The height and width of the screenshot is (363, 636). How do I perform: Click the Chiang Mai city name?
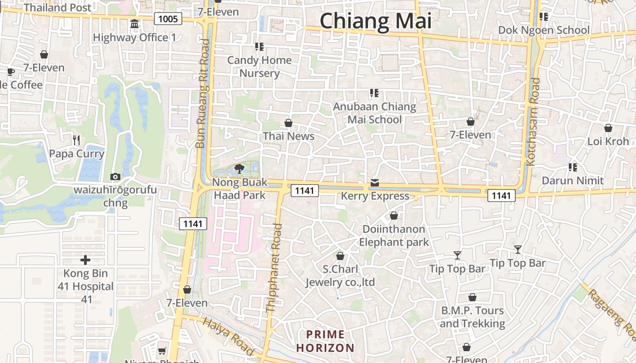(x=376, y=21)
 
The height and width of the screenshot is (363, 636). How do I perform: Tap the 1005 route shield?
(x=168, y=19)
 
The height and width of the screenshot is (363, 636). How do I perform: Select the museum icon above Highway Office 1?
(x=134, y=24)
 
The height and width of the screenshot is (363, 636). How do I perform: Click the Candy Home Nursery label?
(x=259, y=67)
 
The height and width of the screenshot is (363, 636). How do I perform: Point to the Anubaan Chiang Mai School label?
(x=375, y=113)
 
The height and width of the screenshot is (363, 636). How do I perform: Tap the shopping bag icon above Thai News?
(x=288, y=123)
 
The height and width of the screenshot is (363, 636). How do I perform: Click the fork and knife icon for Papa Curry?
(x=76, y=140)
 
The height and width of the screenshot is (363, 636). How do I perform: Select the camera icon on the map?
(x=115, y=177)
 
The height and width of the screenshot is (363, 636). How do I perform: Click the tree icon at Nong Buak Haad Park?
(x=239, y=169)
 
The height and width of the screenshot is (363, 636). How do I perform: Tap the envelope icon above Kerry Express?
(x=374, y=183)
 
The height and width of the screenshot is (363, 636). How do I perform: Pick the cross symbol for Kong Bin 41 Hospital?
(x=85, y=260)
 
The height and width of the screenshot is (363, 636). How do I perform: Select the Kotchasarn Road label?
(x=533, y=121)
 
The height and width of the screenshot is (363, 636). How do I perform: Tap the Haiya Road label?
(x=228, y=336)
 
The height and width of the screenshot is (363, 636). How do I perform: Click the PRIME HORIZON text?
(x=325, y=341)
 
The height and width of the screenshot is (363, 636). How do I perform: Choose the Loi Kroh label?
(x=608, y=141)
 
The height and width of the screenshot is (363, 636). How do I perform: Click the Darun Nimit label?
(x=573, y=181)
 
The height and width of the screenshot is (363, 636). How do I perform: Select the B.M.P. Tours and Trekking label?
(x=472, y=317)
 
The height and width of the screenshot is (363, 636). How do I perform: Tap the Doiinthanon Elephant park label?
(x=394, y=235)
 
